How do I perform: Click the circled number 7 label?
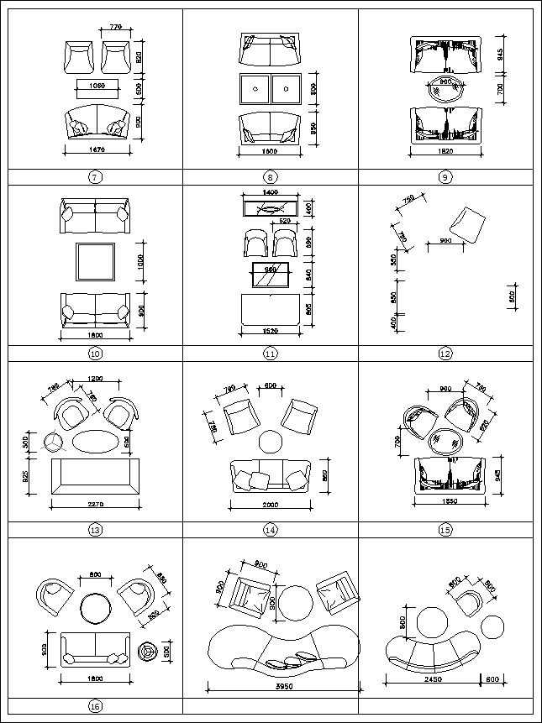[x=95, y=177]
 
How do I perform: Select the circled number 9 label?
[x=445, y=177]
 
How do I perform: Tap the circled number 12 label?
[x=445, y=354]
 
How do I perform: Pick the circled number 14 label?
[x=271, y=530]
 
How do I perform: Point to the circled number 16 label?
[x=95, y=706]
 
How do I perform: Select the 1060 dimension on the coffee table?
[x=95, y=86]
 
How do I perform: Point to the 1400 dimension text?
[x=269, y=193]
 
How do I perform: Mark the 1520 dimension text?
[x=270, y=332]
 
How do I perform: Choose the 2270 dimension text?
[x=95, y=506]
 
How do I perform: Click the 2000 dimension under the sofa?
[x=271, y=506]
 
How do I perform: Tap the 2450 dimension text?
[x=429, y=679]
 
